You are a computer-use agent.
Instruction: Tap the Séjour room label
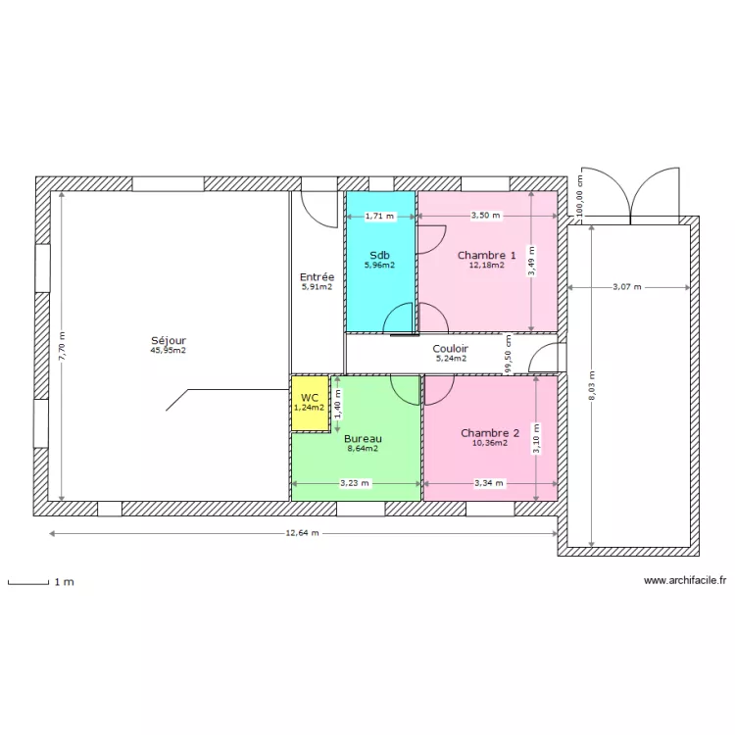click(168, 340)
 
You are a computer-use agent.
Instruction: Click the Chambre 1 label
click(486, 255)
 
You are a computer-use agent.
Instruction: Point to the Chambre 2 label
click(489, 433)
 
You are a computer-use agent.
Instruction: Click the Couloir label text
click(451, 348)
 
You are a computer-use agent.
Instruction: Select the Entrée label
click(317, 277)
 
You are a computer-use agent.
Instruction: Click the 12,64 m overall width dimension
click(302, 534)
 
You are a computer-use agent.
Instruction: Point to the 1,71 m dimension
click(379, 216)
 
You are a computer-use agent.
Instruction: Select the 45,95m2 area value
click(168, 350)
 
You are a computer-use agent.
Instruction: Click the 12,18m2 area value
click(486, 265)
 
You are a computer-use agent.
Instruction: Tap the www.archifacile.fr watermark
click(685, 580)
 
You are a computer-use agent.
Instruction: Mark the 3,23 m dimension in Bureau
click(355, 483)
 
